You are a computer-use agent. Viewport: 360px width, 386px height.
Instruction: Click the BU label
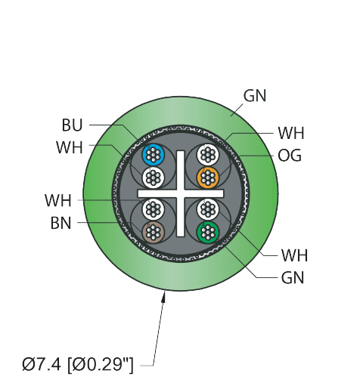tap(73, 125)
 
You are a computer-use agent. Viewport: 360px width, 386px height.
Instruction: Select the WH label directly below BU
tap(70, 147)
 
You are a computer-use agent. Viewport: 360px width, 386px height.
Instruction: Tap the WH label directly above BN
tap(58, 200)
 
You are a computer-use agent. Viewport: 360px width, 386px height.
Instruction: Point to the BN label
tap(61, 223)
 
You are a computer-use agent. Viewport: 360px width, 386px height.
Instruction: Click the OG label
tap(290, 156)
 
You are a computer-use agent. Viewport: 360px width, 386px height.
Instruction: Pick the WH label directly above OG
tap(291, 133)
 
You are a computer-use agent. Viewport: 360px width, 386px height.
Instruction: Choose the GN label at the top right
tap(255, 96)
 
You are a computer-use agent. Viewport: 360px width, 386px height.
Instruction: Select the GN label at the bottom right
tap(293, 278)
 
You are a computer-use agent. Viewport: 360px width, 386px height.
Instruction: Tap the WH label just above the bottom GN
tap(295, 255)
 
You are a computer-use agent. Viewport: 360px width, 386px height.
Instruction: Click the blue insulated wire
tap(153, 155)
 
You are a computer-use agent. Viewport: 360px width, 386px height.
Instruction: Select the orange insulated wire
tap(208, 178)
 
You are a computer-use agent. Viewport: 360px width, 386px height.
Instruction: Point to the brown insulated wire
tap(153, 232)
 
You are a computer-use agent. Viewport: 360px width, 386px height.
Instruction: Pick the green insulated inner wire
tap(208, 232)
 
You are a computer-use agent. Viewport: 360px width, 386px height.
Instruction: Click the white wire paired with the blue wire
tap(153, 178)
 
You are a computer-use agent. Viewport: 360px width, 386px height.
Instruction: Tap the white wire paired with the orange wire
tap(208, 155)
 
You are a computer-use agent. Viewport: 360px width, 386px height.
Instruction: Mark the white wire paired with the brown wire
tap(153, 209)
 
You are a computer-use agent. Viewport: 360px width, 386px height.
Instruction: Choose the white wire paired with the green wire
tap(208, 209)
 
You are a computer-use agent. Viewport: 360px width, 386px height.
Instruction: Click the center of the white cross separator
tap(181, 193)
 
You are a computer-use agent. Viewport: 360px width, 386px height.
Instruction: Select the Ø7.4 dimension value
tap(42, 364)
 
